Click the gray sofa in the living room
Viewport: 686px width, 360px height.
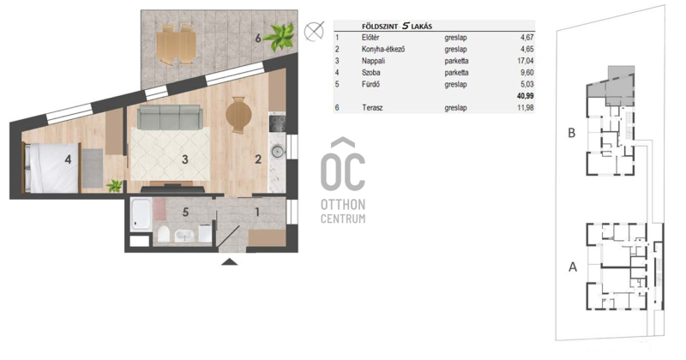pyautogui.click(x=170, y=117)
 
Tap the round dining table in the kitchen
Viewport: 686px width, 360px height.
pyautogui.click(x=238, y=115)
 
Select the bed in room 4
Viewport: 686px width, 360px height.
pyautogui.click(x=51, y=168)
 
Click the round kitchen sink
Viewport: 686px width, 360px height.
pyautogui.click(x=277, y=152)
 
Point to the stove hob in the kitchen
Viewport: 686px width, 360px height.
pyautogui.click(x=277, y=123)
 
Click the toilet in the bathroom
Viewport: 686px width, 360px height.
pyautogui.click(x=164, y=234)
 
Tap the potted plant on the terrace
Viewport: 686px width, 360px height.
pyautogui.click(x=279, y=36)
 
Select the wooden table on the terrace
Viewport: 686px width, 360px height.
pyautogui.click(x=176, y=45)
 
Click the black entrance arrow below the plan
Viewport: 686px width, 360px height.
pyautogui.click(x=230, y=261)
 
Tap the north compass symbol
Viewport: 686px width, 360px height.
pyautogui.click(x=314, y=31)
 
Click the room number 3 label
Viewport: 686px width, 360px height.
pyautogui.click(x=185, y=159)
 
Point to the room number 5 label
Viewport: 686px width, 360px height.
pyautogui.click(x=185, y=213)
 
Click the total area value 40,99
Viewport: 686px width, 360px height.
pyautogui.click(x=525, y=96)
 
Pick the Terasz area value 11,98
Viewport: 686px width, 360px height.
pyautogui.click(x=525, y=108)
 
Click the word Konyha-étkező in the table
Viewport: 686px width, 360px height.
pyautogui.click(x=383, y=49)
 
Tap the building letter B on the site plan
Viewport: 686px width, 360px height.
pyautogui.click(x=571, y=133)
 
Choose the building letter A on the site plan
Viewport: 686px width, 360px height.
pyautogui.click(x=573, y=267)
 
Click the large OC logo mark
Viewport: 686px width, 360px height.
pyautogui.click(x=343, y=165)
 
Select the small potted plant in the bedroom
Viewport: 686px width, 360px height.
pyautogui.click(x=115, y=186)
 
